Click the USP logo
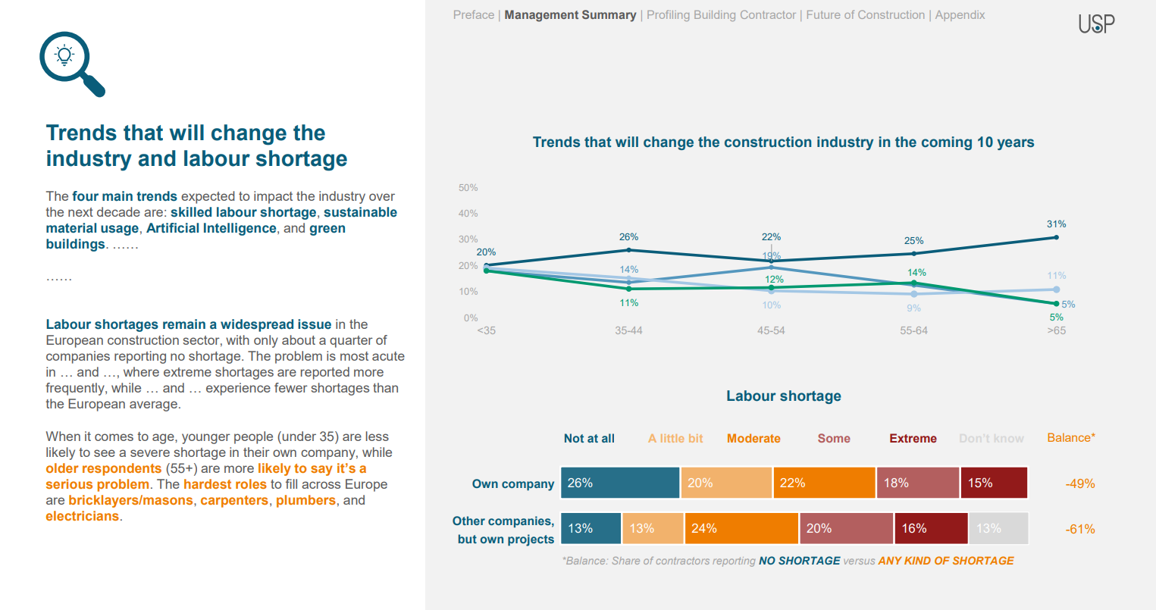1096,23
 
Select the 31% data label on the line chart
1056,224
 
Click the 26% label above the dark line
628,237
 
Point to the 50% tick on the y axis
468,188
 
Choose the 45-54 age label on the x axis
771,331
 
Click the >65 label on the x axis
1056,331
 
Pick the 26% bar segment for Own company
620,483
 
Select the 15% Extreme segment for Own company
993,483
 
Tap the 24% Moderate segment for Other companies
741,529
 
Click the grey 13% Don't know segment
998,529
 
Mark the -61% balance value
1079,530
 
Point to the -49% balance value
1079,483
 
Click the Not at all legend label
589,439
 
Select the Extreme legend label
913,439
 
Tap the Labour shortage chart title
783,396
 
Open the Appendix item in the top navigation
960,15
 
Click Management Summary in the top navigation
570,15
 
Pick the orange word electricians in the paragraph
82,517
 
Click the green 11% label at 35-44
628,303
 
